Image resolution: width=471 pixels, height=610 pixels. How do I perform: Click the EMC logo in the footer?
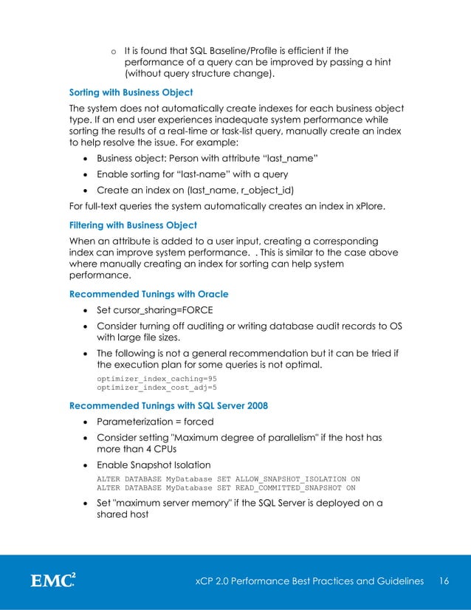52,581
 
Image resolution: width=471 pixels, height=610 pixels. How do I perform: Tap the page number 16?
444,581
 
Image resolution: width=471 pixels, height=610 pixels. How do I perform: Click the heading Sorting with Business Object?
131,93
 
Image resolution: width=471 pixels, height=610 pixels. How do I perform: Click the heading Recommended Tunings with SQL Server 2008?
168,405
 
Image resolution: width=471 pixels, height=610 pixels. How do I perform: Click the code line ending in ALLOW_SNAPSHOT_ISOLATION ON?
228,479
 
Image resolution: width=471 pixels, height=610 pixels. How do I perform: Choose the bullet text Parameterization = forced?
155,422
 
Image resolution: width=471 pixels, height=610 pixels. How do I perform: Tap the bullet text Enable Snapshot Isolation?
154,465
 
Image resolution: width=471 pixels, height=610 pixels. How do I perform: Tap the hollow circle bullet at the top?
113,52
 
